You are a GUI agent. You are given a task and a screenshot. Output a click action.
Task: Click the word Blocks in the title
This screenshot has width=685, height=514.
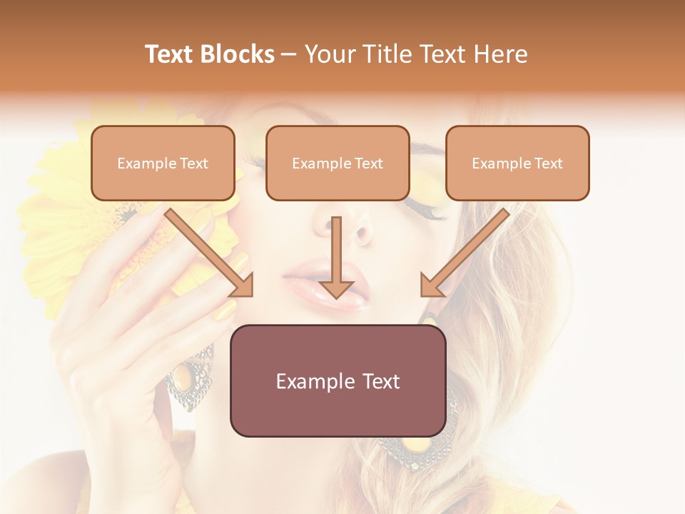[236, 54]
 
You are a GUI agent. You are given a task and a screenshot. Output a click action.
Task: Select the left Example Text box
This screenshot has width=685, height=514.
[163, 163]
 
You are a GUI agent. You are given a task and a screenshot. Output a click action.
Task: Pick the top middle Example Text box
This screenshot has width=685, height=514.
[338, 163]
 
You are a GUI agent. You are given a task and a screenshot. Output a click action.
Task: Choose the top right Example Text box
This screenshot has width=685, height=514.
[517, 163]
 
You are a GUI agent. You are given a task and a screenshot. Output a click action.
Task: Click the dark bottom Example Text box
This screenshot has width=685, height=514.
[338, 381]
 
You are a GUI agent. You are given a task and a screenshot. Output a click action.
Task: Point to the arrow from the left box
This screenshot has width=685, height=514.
[210, 252]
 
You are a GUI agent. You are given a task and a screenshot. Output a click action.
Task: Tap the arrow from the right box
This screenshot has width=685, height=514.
[464, 252]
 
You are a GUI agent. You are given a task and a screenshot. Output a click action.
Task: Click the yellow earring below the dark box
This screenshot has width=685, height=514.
[415, 447]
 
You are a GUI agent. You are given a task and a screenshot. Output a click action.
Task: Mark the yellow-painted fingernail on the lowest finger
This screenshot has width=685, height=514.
[226, 311]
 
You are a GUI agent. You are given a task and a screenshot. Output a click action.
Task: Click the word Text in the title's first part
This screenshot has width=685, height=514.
[169, 54]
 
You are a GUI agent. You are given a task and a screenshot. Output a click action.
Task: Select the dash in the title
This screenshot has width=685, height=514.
[289, 54]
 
